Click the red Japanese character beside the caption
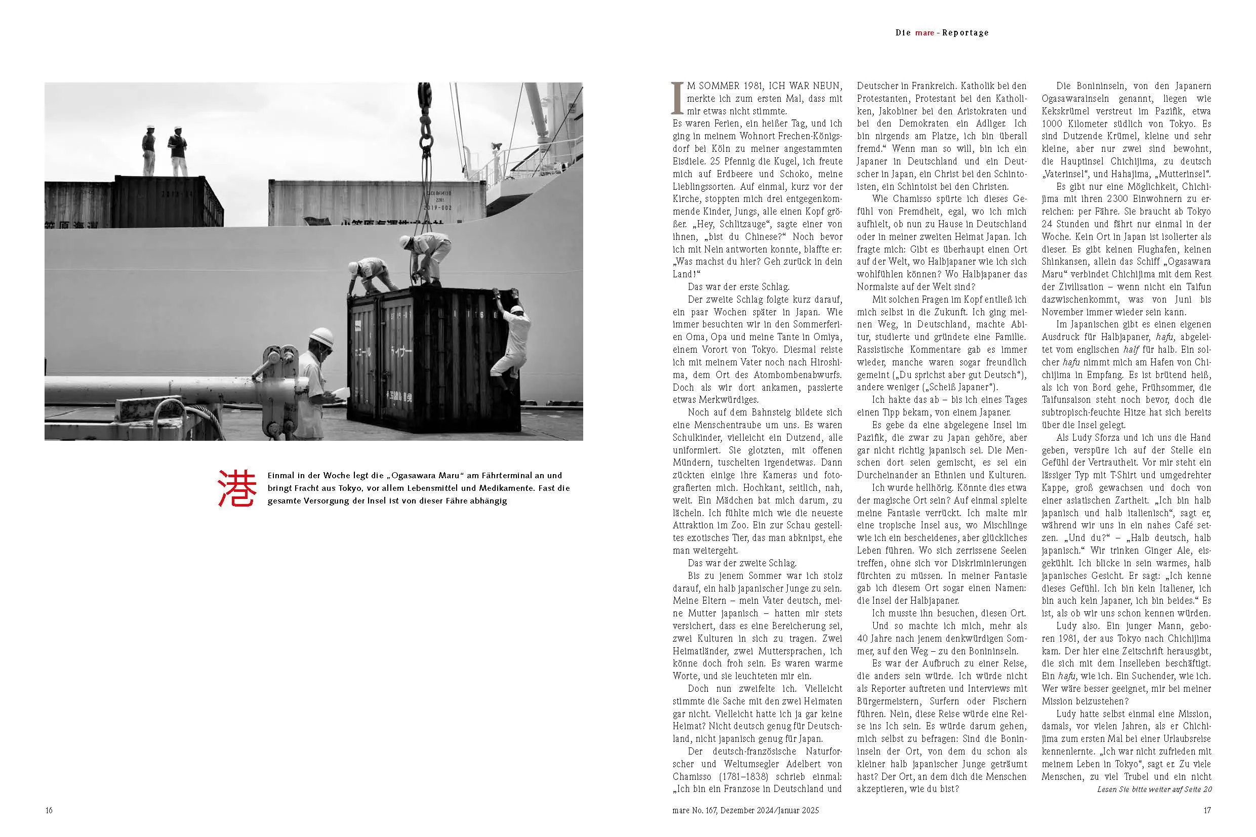coord(237,488)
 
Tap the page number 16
coord(49,810)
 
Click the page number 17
coord(1207,810)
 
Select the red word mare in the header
coord(924,32)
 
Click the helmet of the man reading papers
coord(321,337)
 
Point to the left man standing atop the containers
coord(148,150)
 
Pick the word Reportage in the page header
coord(965,32)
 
